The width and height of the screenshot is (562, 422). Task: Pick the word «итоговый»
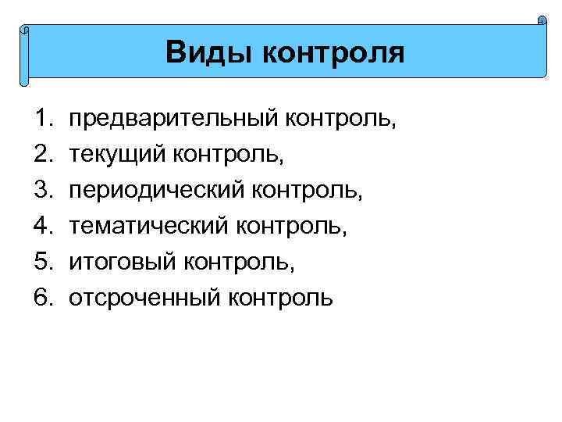click(x=123, y=262)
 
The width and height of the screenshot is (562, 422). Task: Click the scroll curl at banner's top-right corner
click(x=542, y=21)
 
